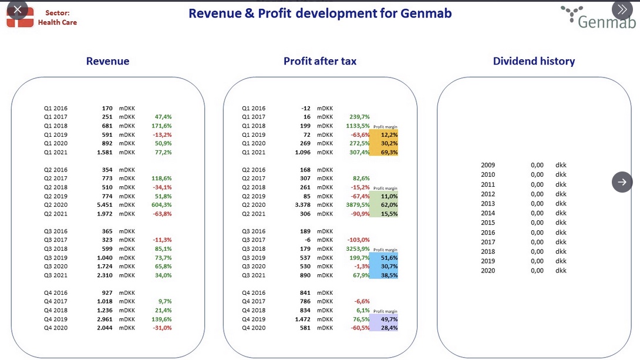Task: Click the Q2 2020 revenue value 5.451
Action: (105, 205)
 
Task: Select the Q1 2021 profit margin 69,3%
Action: (389, 152)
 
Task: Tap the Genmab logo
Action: (598, 18)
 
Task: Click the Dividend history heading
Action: (534, 61)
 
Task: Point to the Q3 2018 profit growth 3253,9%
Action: (358, 249)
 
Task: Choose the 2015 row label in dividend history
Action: (488, 223)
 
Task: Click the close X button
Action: (17, 9)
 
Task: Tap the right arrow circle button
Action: (622, 182)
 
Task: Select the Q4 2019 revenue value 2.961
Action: (105, 319)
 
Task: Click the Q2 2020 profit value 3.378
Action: (302, 205)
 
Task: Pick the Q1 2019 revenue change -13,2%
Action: (162, 134)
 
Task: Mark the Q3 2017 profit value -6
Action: (307, 240)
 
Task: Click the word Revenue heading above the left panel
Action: (108, 61)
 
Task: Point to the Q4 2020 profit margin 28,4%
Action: (389, 328)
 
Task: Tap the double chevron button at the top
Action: (622, 9)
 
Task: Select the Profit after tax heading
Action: (320, 61)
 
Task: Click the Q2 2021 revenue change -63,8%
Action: (162, 214)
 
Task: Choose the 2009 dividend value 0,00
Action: (537, 165)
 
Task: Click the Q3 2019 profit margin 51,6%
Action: (389, 258)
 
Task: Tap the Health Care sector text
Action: (58, 22)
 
